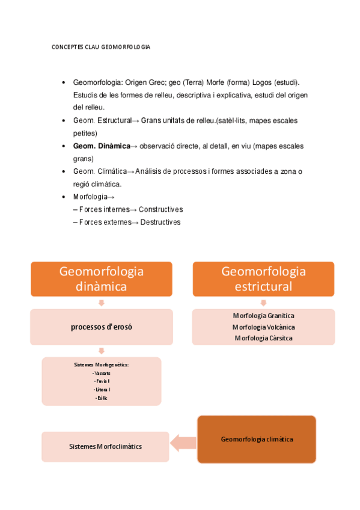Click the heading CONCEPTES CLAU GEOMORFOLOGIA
click(101, 47)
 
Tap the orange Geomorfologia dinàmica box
click(102, 279)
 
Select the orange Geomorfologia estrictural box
click(263, 279)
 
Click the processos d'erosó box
click(102, 327)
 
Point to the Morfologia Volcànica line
click(263, 327)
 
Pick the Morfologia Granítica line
click(263, 315)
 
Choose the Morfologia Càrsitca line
click(263, 338)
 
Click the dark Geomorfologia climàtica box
click(257, 439)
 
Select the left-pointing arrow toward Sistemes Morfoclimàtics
click(183, 444)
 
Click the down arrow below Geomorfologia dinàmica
click(101, 303)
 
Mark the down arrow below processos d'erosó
click(101, 351)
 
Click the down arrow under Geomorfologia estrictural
click(263, 303)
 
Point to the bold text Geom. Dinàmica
click(101, 146)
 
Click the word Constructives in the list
click(160, 209)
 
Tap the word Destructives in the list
click(159, 222)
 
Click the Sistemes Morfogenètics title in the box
click(101, 365)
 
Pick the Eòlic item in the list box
click(101, 398)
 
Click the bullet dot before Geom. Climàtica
click(64, 171)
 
